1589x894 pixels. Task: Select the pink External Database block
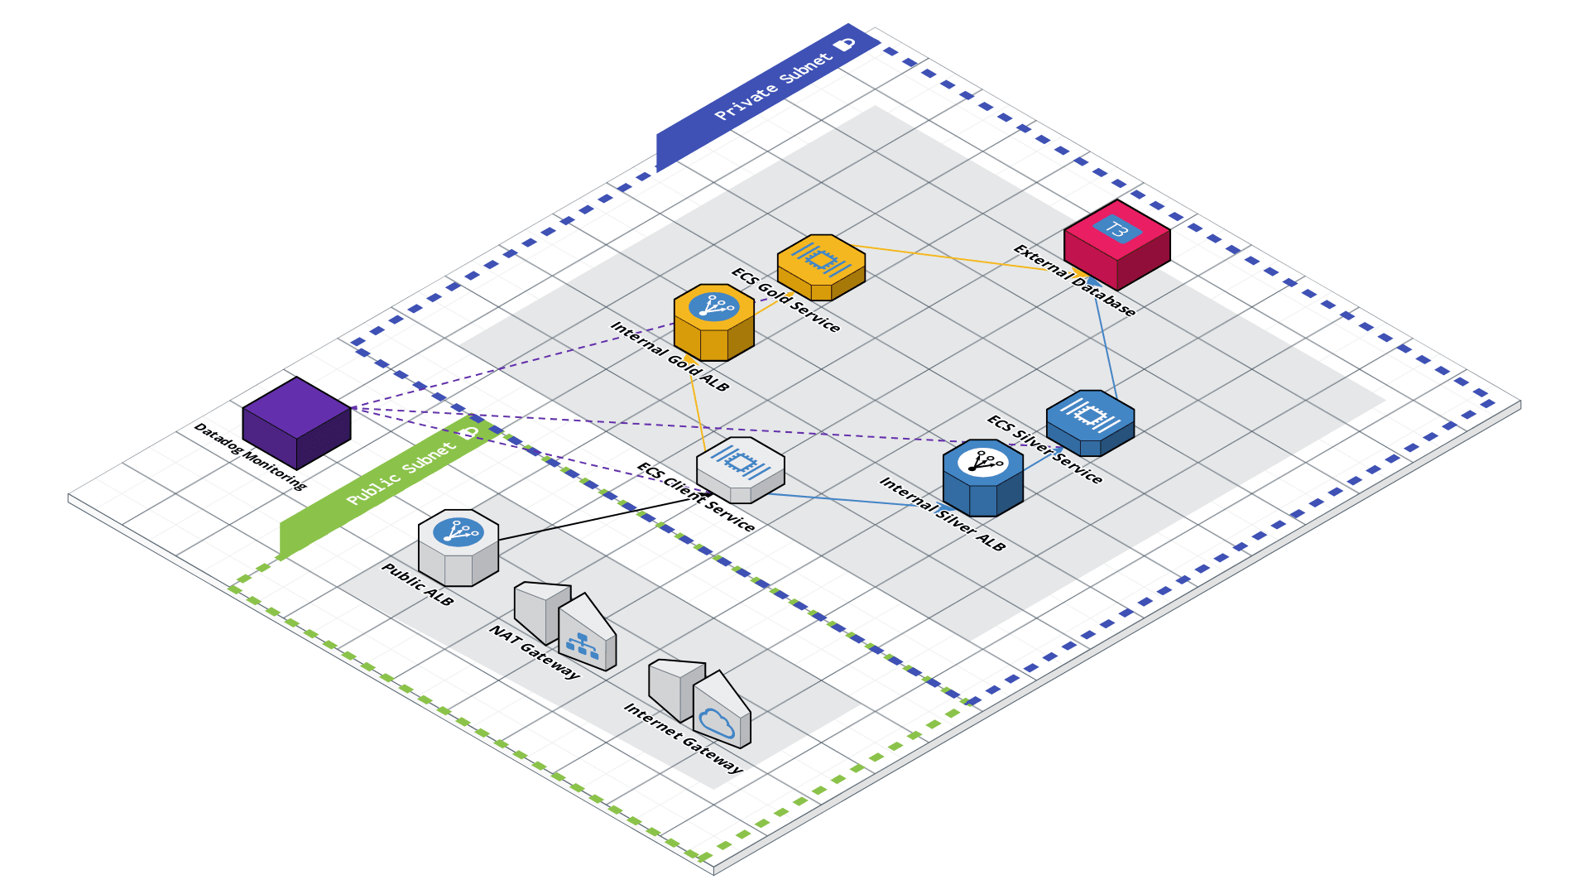point(1116,246)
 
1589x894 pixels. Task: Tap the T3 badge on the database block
point(1116,229)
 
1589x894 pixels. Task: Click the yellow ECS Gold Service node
point(821,266)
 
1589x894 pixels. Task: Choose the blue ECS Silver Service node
point(1090,422)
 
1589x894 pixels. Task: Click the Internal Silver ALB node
point(982,478)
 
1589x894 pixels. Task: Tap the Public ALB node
point(458,547)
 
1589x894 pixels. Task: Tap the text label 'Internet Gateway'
point(683,738)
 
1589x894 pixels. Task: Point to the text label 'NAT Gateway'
point(535,652)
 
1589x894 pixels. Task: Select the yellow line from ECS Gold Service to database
point(952,257)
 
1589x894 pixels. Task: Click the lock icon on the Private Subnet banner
point(845,45)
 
